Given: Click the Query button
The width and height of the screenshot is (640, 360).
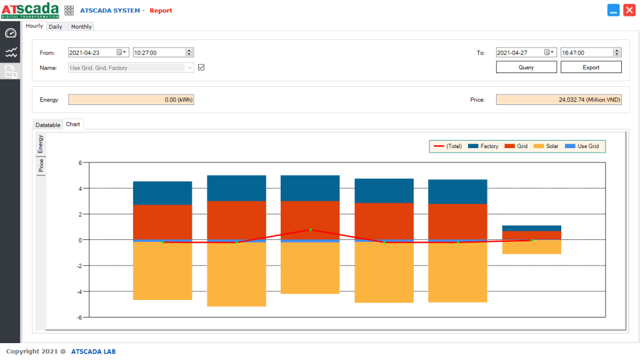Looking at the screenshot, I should coord(526,67).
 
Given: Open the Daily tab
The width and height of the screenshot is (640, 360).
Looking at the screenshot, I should coord(56,27).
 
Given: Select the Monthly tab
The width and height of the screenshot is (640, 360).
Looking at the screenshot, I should coord(81,27).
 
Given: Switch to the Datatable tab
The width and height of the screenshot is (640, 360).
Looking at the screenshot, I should coord(48,125).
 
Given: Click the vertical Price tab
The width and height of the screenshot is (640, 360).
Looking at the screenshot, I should coord(41,166).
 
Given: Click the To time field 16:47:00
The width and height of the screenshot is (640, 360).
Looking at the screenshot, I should coord(587,53).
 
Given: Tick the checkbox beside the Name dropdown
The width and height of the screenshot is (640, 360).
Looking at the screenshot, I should coord(201,67).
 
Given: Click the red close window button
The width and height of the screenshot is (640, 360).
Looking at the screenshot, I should coord(629,10).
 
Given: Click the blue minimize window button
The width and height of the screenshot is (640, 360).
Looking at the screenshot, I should coord(613,10).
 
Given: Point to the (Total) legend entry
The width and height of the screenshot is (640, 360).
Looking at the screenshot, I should coord(448,146).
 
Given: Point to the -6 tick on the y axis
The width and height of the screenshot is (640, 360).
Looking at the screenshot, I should coord(80,317).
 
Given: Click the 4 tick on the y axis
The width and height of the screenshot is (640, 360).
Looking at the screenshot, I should coord(80,188).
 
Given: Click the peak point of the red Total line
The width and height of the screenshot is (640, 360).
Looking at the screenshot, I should coord(310,229).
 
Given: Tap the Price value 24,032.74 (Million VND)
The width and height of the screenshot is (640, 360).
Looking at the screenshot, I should coord(559,100).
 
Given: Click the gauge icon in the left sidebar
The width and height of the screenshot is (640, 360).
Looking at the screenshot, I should coord(11,32).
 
